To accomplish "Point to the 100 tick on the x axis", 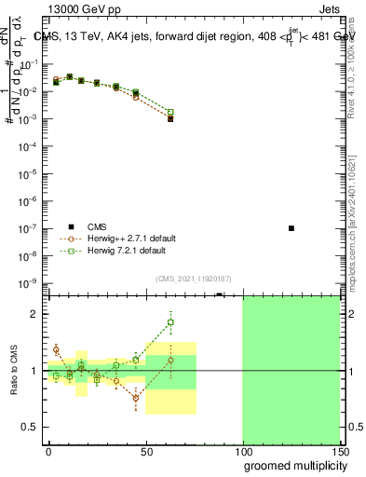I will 242,450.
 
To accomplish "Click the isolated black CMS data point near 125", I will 291,228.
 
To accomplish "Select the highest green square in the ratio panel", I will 170,323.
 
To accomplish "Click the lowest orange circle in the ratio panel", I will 136,398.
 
